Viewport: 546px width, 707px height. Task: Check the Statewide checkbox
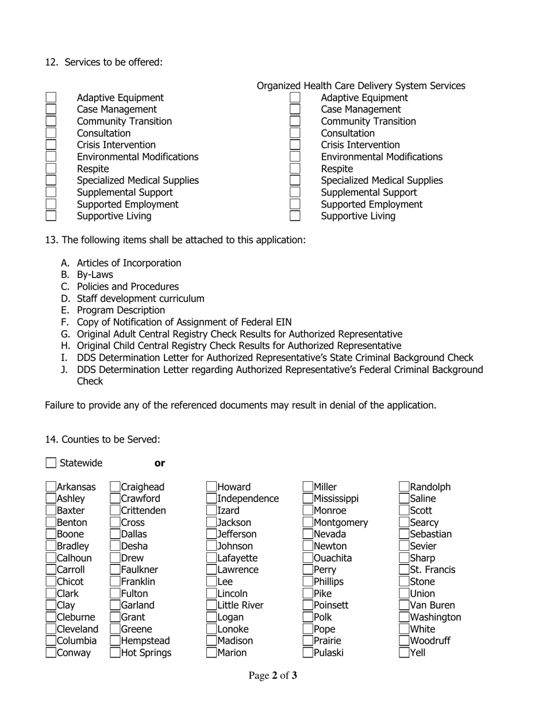(x=51, y=463)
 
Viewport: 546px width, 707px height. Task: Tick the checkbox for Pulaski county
(x=308, y=652)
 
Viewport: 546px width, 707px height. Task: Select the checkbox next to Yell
(x=405, y=652)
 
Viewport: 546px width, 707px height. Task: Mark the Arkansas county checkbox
(x=51, y=487)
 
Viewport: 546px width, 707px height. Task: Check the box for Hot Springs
(x=115, y=652)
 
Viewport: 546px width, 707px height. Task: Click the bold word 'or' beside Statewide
(x=160, y=463)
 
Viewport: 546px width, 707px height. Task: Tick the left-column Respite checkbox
(x=51, y=168)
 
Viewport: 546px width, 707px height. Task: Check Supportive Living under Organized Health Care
(x=295, y=216)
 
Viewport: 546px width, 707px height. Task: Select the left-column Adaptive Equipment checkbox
(x=51, y=98)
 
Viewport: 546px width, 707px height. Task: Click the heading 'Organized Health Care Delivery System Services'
(x=361, y=86)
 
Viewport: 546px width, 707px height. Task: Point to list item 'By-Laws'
(x=95, y=275)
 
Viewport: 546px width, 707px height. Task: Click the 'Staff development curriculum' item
(x=140, y=298)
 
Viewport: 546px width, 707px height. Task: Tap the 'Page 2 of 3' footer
(x=273, y=675)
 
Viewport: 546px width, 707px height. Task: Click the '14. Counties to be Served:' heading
(x=103, y=439)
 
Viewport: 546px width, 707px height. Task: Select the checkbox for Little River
(x=212, y=605)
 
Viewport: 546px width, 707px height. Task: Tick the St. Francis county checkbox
(x=405, y=570)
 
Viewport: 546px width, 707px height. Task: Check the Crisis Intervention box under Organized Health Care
(x=295, y=145)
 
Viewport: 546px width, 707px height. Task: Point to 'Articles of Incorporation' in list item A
(x=129, y=263)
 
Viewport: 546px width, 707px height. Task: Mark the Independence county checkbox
(x=212, y=498)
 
